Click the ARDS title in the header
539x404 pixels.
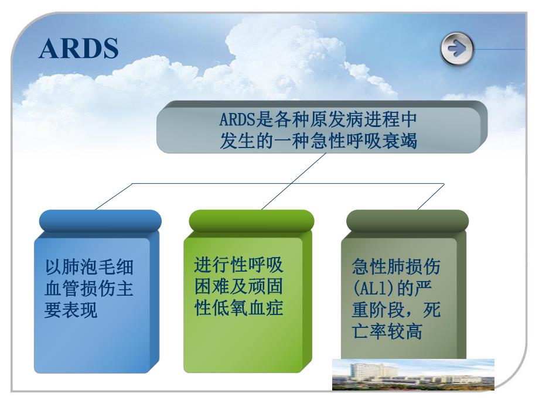(x=79, y=49)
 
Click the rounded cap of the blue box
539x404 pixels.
(x=100, y=220)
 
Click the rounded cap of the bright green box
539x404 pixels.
(x=251, y=220)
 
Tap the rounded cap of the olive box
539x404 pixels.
(x=407, y=220)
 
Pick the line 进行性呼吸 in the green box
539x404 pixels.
(x=238, y=265)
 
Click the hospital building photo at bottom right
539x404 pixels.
(x=413, y=374)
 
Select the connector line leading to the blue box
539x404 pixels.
(x=114, y=196)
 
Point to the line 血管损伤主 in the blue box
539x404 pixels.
(x=89, y=289)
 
